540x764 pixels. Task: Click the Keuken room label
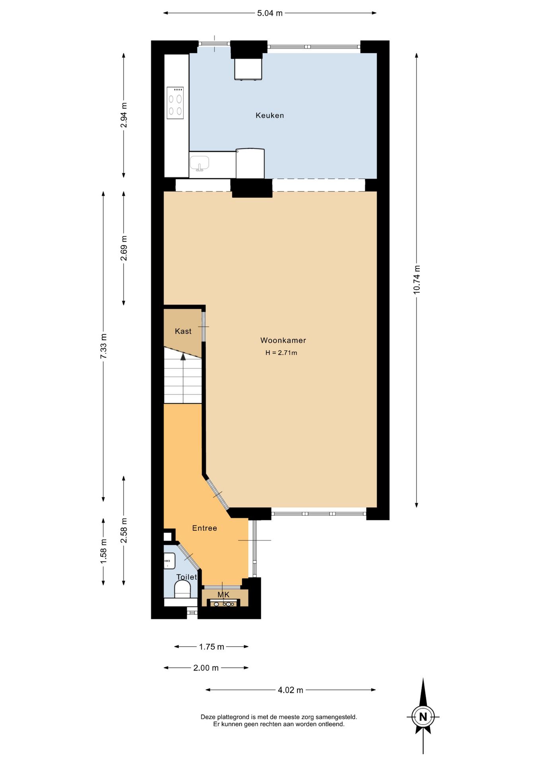pos(270,115)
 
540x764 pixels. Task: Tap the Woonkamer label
pos(283,340)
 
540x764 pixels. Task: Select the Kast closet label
pos(183,331)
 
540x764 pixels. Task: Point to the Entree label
pos(204,528)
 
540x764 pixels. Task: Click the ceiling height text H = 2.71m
pos(281,353)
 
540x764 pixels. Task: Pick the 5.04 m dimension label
pos(270,13)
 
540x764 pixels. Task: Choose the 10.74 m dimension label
pos(416,280)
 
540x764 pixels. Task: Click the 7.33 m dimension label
pos(103,346)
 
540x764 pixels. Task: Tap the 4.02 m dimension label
pos(290,690)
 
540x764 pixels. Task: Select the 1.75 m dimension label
pos(212,647)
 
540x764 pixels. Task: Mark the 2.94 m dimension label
pos(124,115)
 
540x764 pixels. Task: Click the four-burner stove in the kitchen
pos(175,103)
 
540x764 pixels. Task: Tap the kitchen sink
pos(199,163)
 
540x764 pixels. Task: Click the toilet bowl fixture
pos(183,589)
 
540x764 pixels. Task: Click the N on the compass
pos(423,717)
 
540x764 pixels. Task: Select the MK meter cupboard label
pos(223,594)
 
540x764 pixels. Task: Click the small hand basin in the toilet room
pos(170,561)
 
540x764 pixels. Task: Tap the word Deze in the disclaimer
pos(208,717)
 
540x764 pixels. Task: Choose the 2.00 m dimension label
pos(206,668)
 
